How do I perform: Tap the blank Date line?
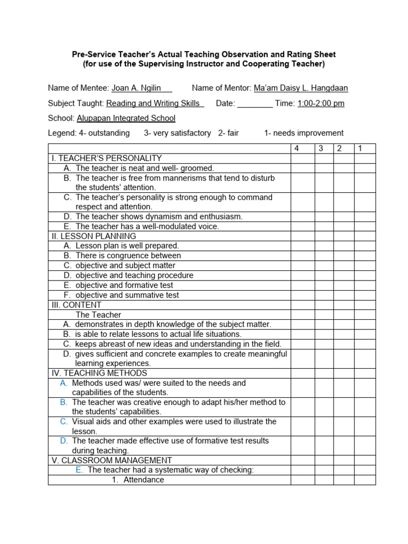[x=254, y=104]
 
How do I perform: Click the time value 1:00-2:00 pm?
[x=321, y=104]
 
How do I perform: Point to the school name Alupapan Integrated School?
[x=126, y=118]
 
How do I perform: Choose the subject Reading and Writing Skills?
[x=155, y=104]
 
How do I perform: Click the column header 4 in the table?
[x=296, y=149]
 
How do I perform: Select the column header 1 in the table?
[x=360, y=149]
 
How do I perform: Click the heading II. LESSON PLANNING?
[x=93, y=236]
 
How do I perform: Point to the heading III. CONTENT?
[x=76, y=305]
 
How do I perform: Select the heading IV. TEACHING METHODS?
[x=99, y=373]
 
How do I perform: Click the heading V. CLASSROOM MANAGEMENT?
[x=111, y=461]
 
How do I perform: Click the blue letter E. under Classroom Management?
[x=79, y=470]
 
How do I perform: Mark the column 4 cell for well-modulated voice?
[x=302, y=226]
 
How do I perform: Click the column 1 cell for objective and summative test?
[x=365, y=295]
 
